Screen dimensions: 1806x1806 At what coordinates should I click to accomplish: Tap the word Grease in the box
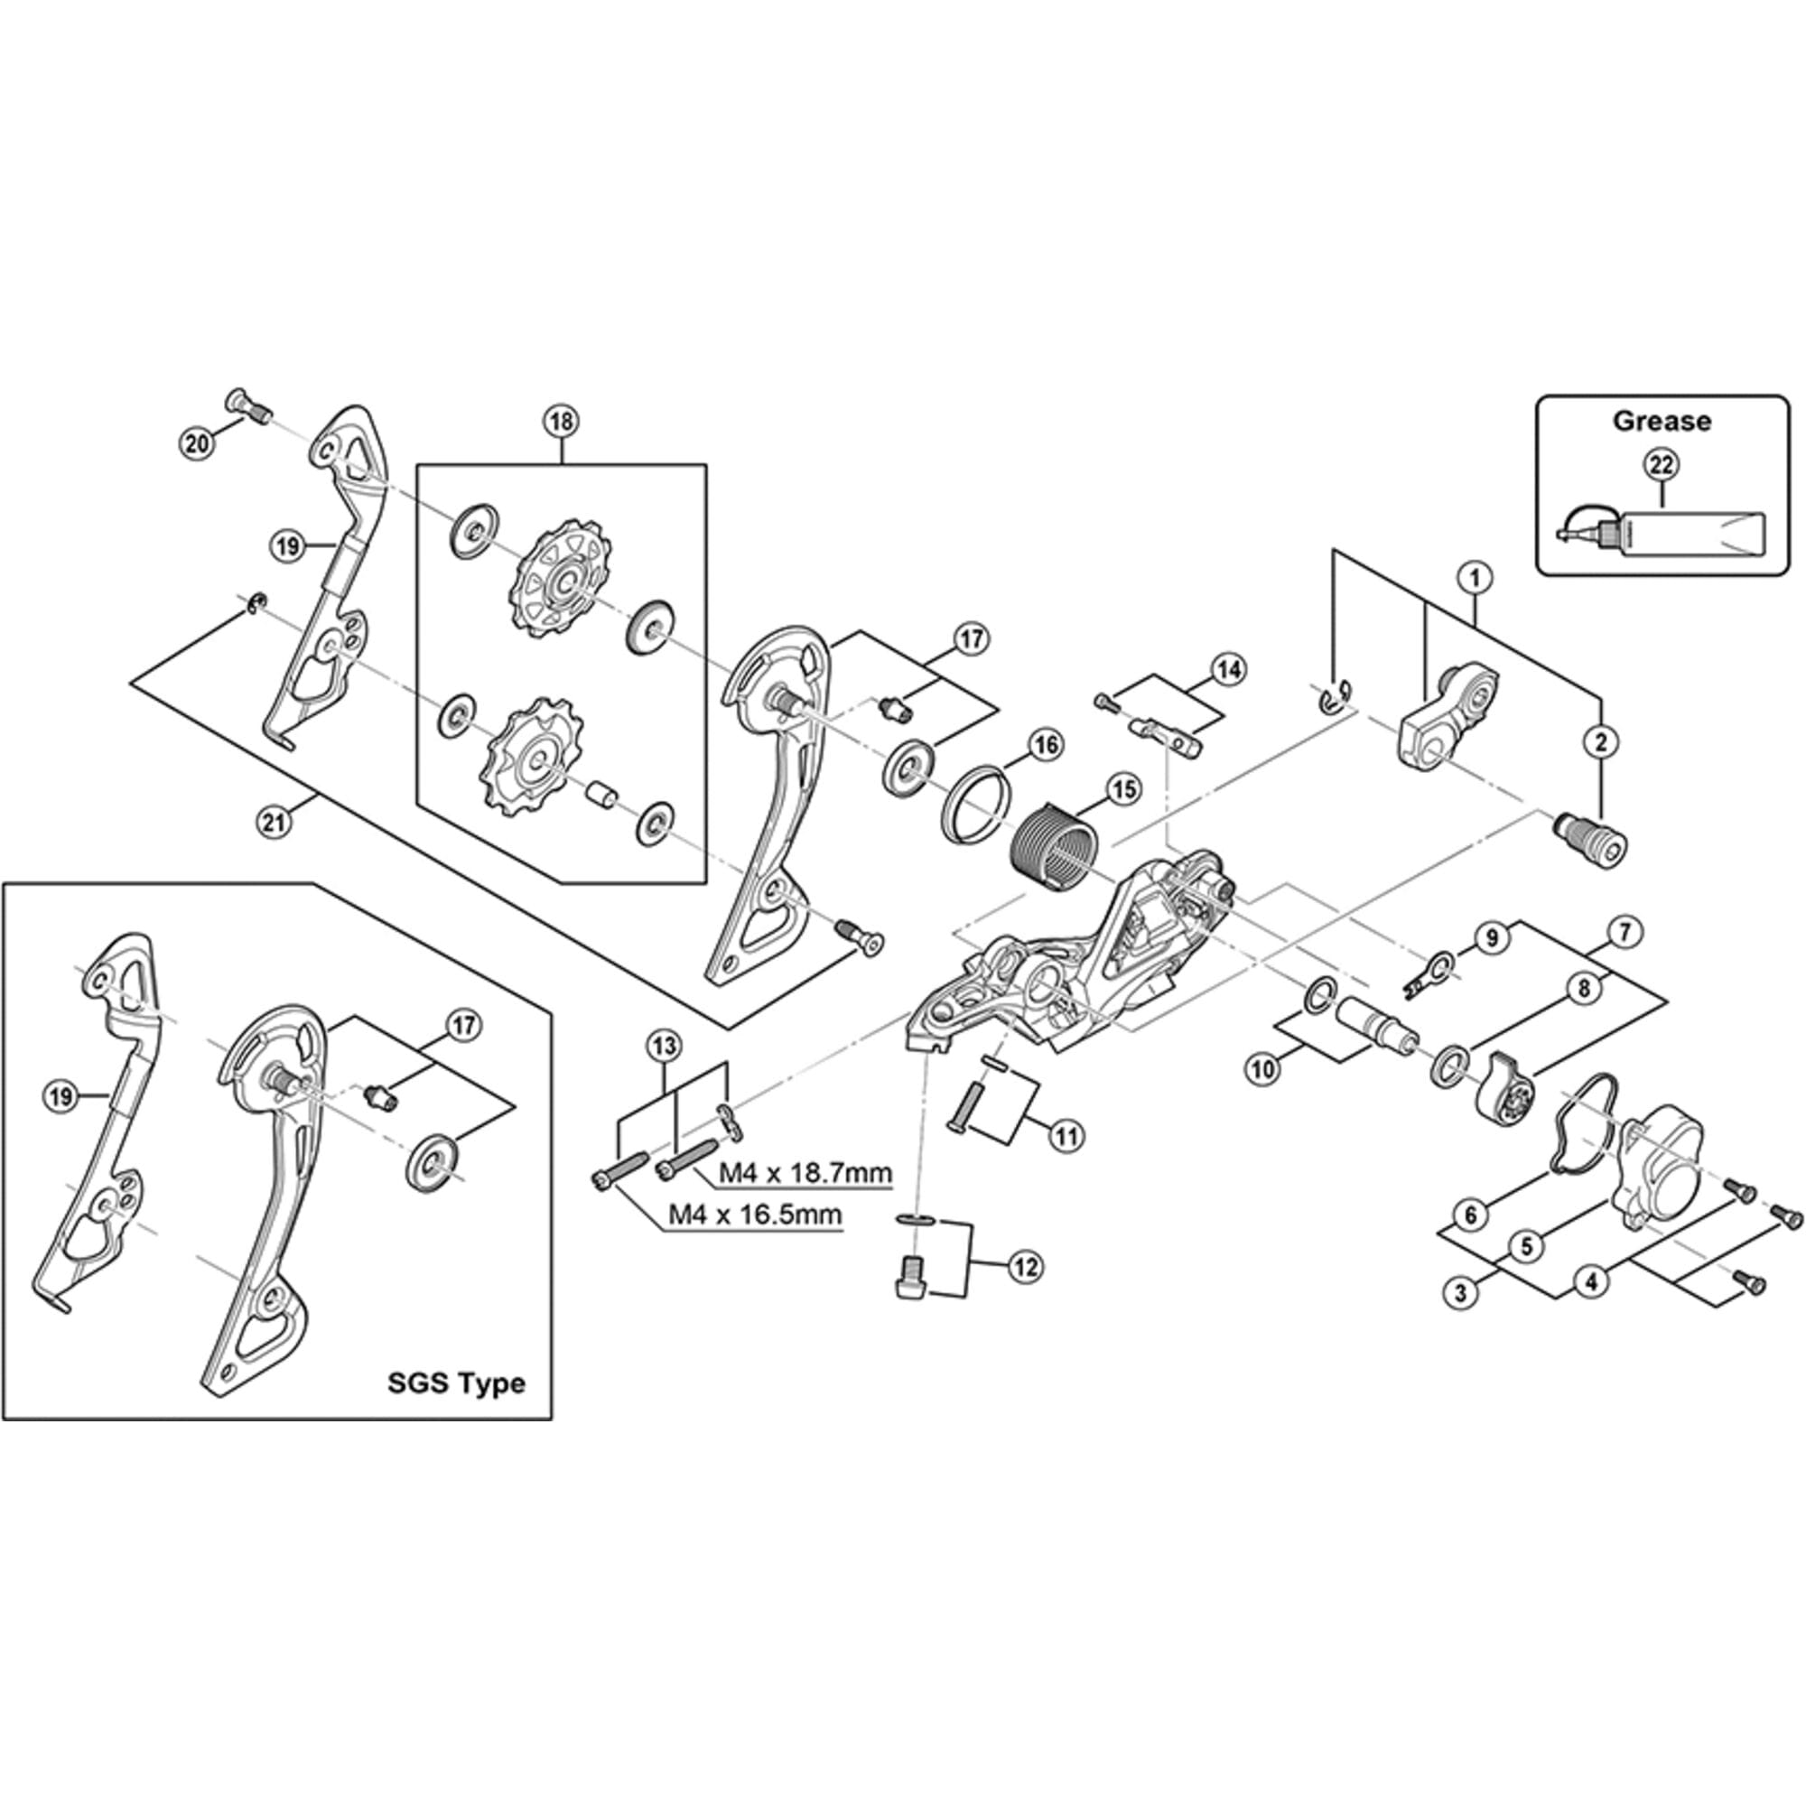point(1662,421)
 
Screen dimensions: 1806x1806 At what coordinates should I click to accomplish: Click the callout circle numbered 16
point(1045,744)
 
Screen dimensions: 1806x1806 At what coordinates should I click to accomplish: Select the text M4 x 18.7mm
point(805,1172)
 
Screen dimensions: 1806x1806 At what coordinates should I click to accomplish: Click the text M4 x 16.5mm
point(755,1215)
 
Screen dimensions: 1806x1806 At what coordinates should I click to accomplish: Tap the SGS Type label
point(456,1382)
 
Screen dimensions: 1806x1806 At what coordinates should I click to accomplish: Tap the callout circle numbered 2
point(1601,742)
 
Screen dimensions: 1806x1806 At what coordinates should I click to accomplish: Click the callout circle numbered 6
point(1470,1215)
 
